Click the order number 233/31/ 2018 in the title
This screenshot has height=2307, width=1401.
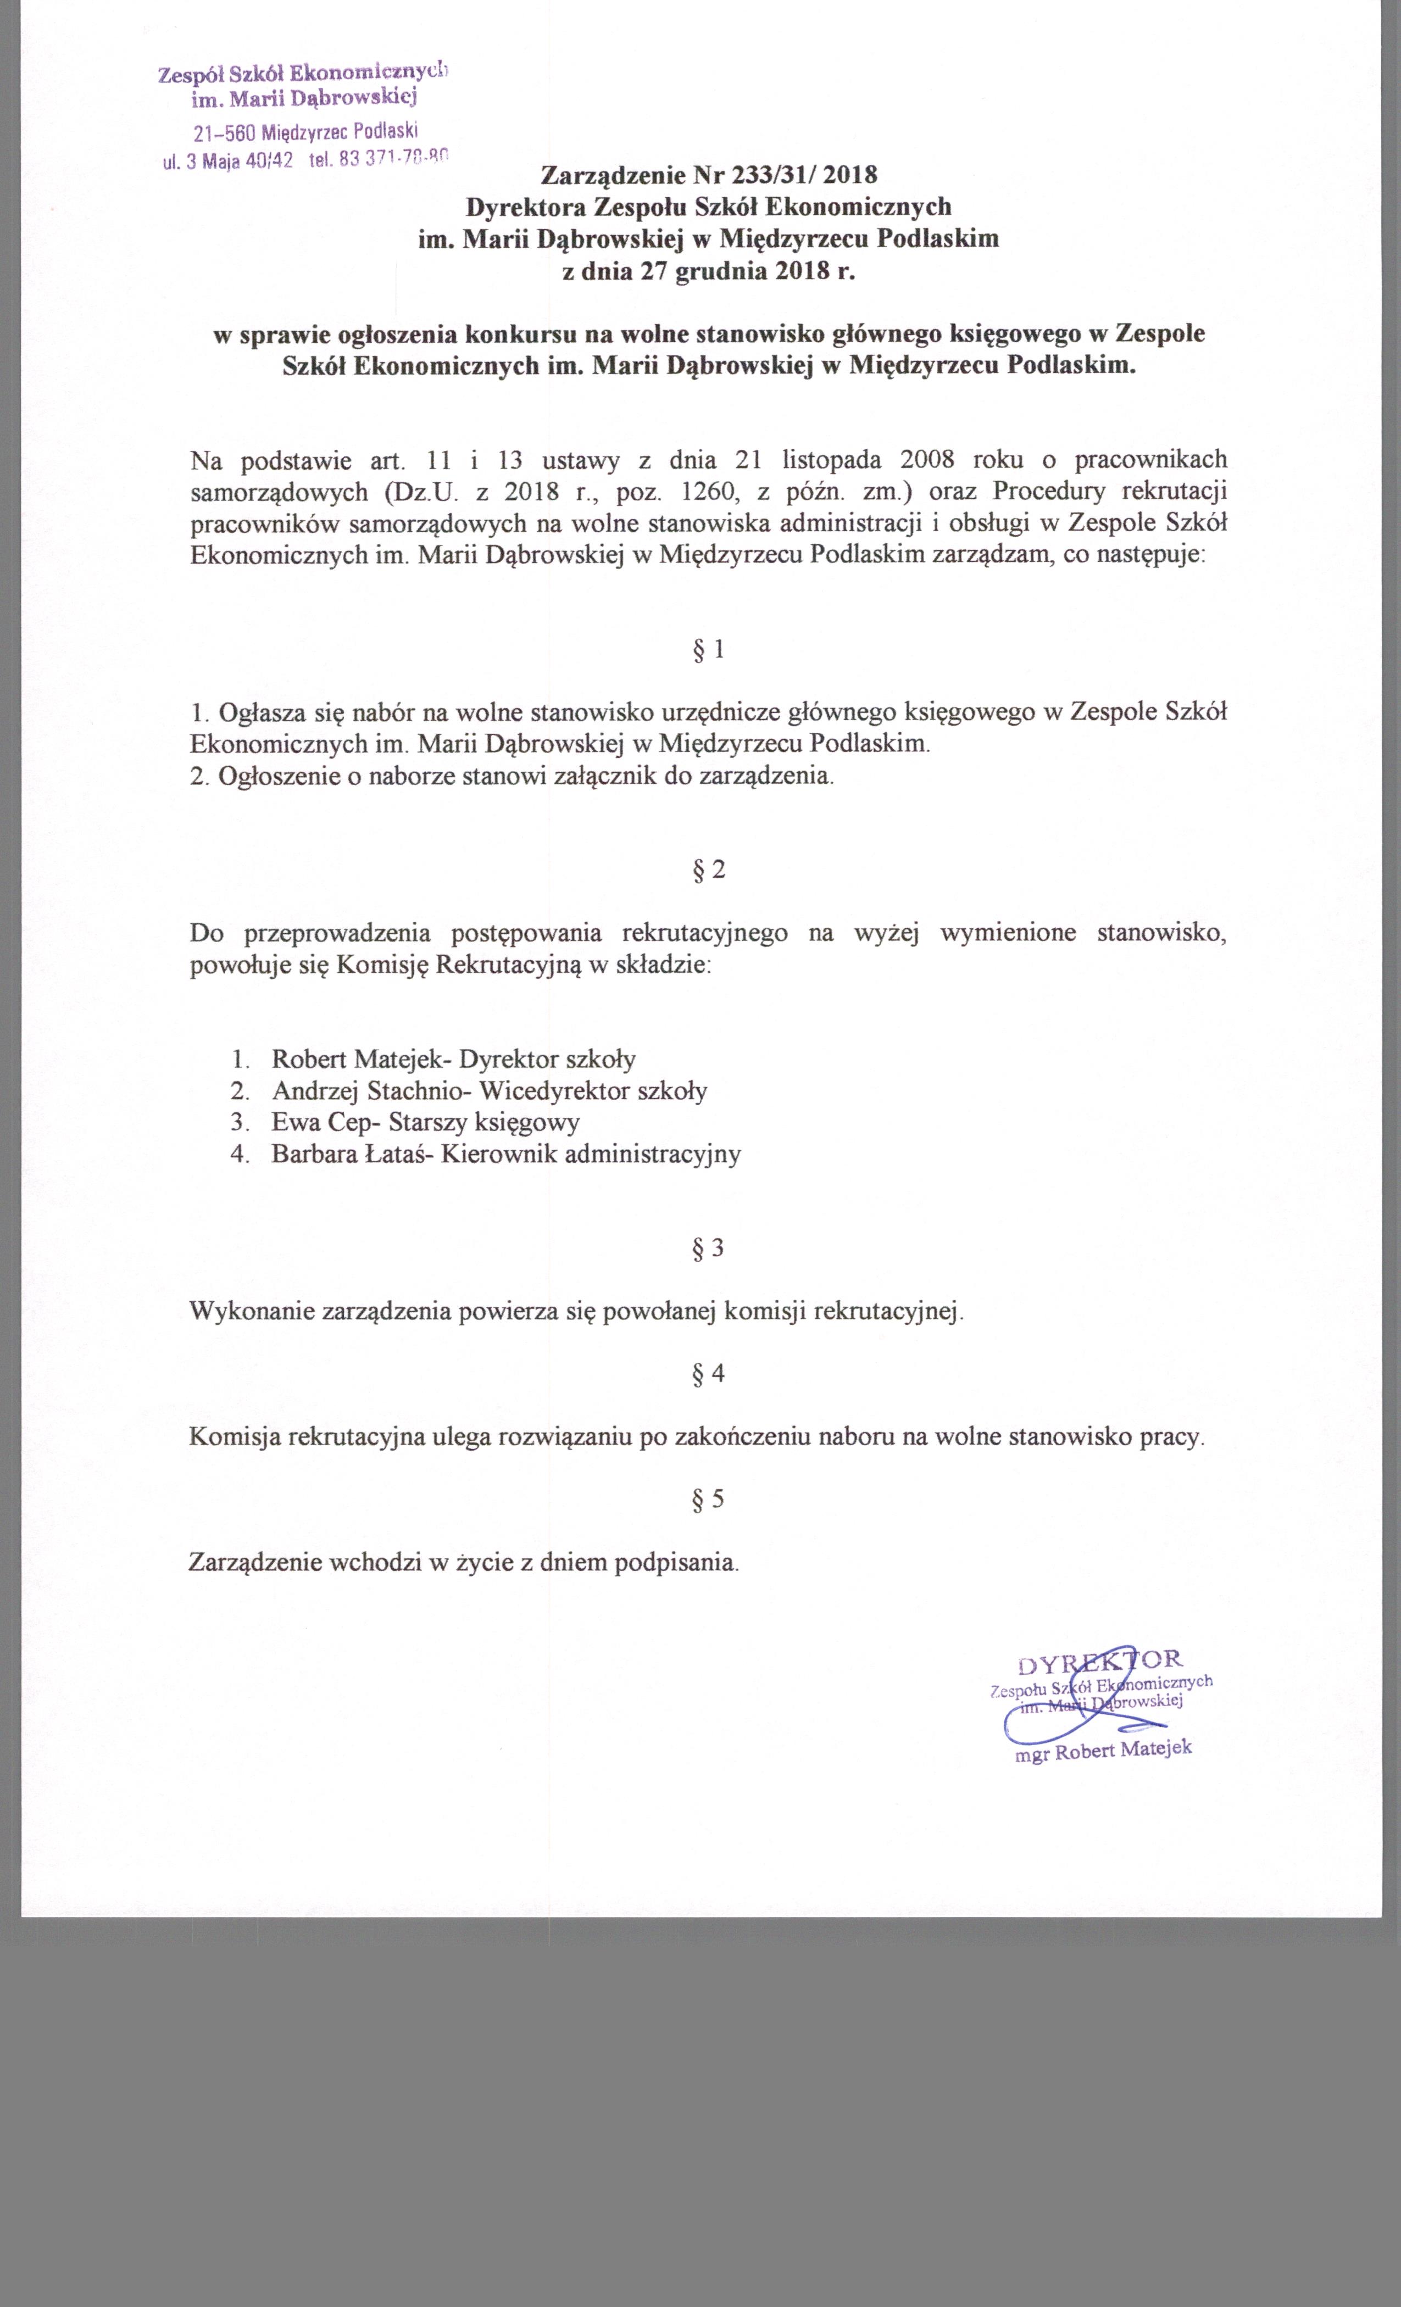(807, 174)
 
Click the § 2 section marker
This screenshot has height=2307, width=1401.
(708, 870)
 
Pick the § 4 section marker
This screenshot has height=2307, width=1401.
(708, 1374)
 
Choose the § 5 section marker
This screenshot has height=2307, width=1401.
(708, 1500)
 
